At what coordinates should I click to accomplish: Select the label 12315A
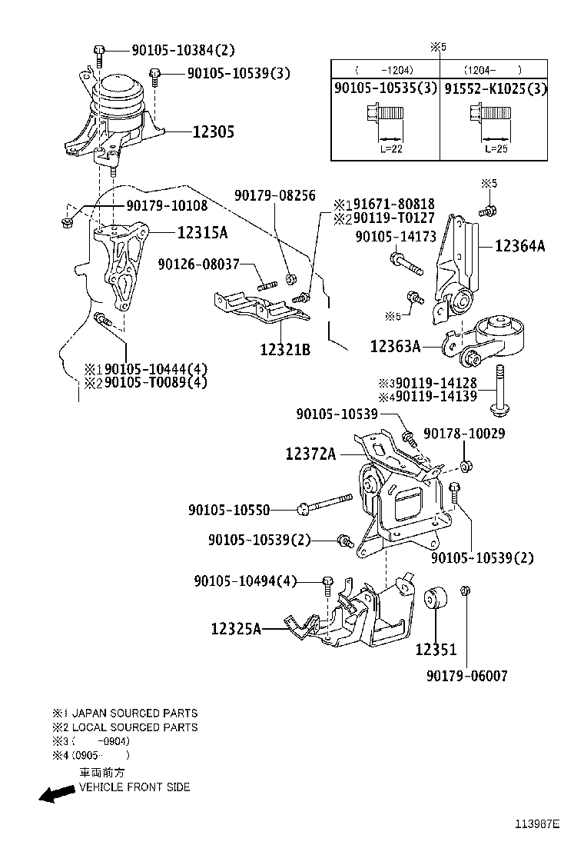tap(203, 231)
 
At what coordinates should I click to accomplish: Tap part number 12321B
tap(285, 350)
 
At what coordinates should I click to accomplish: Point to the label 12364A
tap(519, 246)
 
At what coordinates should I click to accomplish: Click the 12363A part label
tap(395, 347)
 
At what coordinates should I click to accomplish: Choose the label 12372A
tap(310, 454)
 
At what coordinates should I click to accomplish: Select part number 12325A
tap(237, 629)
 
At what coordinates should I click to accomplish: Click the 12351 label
tap(436, 650)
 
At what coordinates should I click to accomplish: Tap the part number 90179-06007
tap(466, 676)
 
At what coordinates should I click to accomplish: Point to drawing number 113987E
tap(537, 824)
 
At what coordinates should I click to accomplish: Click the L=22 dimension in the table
tap(391, 148)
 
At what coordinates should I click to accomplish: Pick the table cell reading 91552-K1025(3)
tap(496, 89)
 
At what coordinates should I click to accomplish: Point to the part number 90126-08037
tap(199, 264)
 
